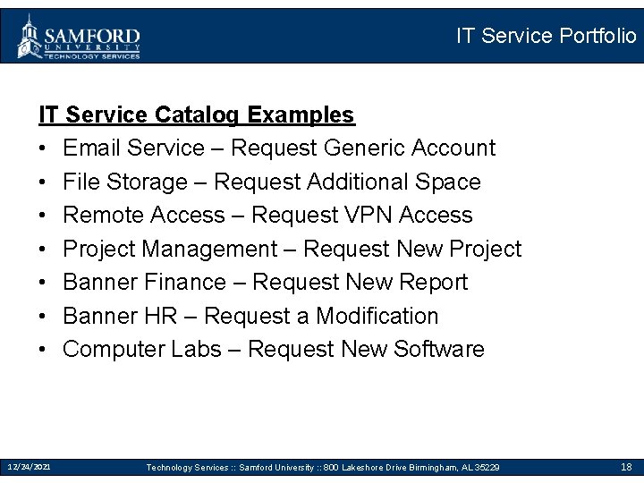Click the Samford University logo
(79, 37)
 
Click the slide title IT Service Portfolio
(546, 36)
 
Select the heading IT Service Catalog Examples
(196, 114)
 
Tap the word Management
(211, 249)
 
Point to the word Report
(433, 283)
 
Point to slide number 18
(626, 467)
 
